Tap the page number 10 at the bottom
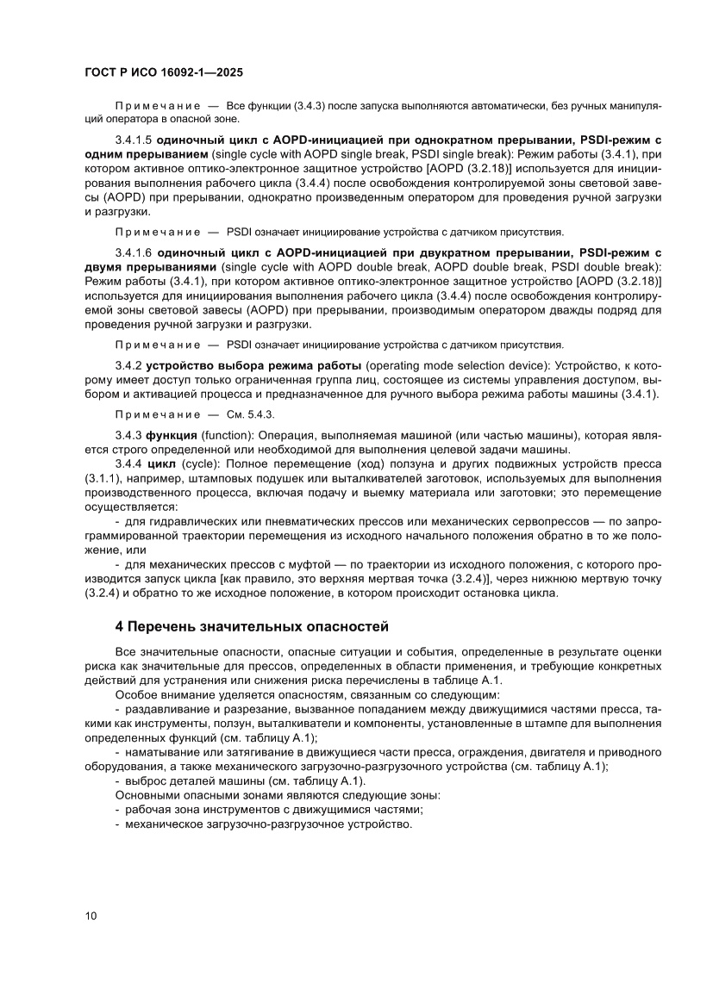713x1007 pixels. coord(91,916)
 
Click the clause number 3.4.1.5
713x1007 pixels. coord(134,139)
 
